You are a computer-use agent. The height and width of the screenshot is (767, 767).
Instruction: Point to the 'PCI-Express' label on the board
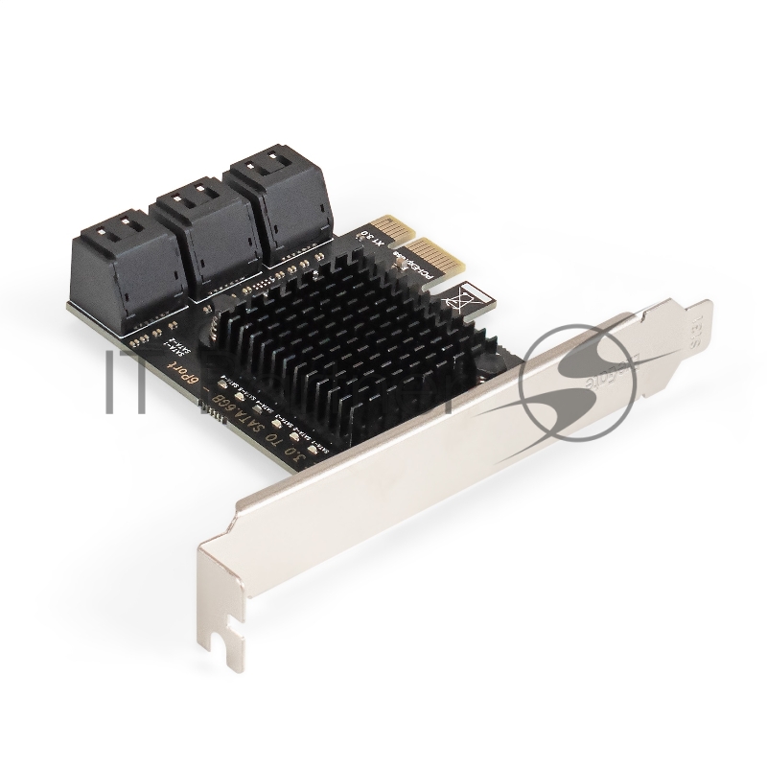point(422,279)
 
